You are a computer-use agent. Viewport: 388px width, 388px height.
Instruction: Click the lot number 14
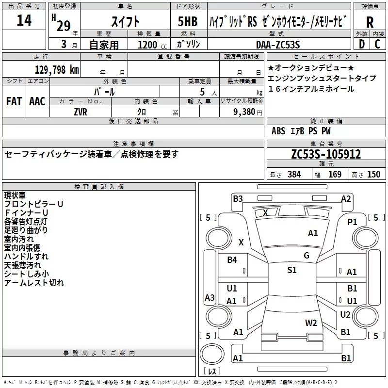click(x=24, y=21)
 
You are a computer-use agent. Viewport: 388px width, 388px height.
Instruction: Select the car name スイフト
click(x=126, y=22)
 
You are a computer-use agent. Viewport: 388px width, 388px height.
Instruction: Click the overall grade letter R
click(x=370, y=22)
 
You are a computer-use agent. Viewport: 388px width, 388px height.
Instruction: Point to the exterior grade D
click(x=361, y=44)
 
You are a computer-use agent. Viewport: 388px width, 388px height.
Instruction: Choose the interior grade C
click(x=377, y=44)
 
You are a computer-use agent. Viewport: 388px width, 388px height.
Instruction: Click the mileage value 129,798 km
click(x=57, y=69)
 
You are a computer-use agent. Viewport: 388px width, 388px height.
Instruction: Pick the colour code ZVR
click(x=80, y=112)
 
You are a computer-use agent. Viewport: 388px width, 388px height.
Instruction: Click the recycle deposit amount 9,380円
click(x=247, y=112)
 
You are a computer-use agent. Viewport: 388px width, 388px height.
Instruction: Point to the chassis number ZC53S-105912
click(x=326, y=154)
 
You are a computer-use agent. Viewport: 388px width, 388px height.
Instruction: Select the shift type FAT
click(x=14, y=101)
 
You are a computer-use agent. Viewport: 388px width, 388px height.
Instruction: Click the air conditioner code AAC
click(x=37, y=101)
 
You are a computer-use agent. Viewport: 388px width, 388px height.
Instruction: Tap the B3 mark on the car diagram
click(x=238, y=198)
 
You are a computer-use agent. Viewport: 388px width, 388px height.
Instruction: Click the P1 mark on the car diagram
click(x=352, y=222)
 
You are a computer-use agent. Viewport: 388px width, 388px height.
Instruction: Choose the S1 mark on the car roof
click(x=291, y=270)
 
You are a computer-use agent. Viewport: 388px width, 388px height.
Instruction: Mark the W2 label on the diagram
click(x=311, y=323)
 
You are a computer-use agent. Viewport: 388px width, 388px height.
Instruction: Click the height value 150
click(x=373, y=175)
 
